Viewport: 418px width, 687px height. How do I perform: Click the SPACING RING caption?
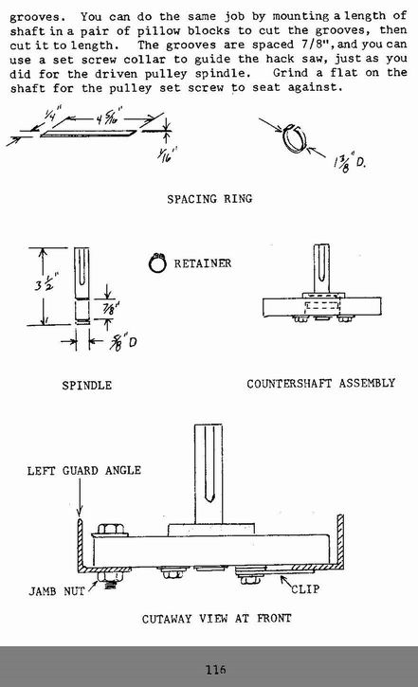209,199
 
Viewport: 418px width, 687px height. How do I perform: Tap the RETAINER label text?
203,263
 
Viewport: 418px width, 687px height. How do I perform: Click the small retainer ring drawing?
156,263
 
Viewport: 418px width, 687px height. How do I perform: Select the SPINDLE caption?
87,386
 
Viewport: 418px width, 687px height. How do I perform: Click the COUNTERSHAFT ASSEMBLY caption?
320,384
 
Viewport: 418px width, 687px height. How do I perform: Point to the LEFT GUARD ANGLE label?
84,471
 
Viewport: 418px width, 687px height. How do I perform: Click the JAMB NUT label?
57,591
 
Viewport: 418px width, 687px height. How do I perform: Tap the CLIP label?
305,589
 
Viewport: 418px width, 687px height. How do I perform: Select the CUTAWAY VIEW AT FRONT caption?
216,619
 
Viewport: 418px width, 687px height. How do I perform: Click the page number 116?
216,670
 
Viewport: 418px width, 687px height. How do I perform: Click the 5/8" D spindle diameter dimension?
123,342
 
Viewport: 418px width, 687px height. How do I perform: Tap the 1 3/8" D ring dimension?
349,163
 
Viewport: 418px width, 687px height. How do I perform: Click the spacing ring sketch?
293,138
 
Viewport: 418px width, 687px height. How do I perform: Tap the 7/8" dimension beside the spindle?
110,309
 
